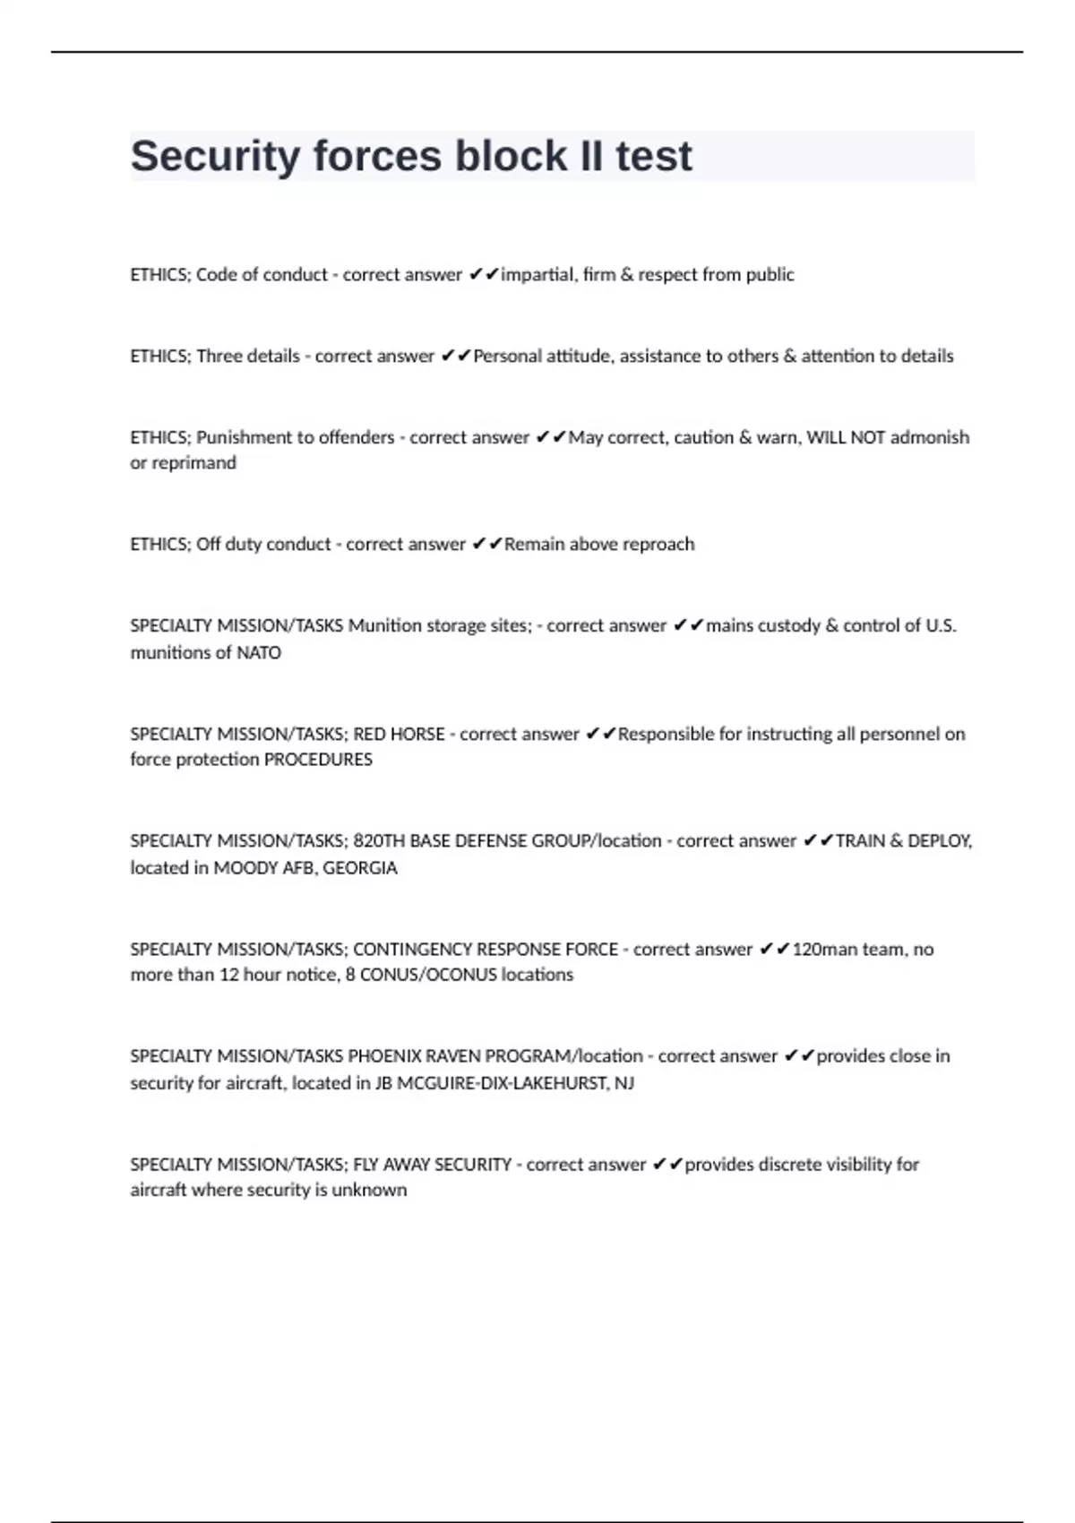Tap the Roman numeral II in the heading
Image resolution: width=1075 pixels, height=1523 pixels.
[591, 157]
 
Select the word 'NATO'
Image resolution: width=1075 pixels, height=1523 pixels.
[259, 653]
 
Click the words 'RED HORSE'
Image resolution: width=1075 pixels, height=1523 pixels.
[399, 735]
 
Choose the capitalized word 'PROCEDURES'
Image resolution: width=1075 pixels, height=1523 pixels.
[318, 760]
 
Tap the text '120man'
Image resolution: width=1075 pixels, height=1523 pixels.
[823, 950]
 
